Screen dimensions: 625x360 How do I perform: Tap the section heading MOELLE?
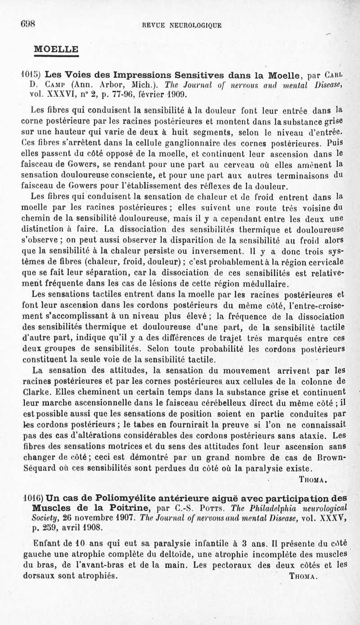[56, 49]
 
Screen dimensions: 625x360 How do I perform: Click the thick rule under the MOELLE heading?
[56, 56]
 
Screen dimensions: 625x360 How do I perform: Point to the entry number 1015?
[32, 74]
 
